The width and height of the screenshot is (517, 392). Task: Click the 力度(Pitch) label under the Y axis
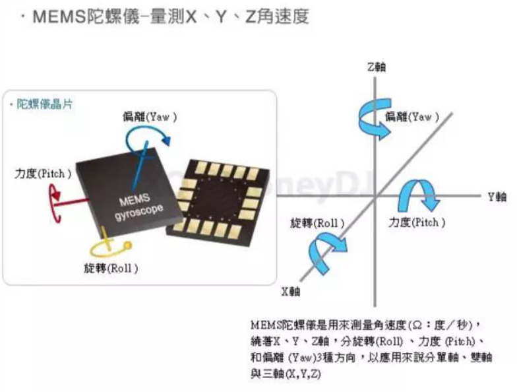pos(417,223)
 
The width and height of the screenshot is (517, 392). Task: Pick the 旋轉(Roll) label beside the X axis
pos(317,223)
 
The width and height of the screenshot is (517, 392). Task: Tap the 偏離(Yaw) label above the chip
pos(150,116)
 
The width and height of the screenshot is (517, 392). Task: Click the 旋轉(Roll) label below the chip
pos(111,269)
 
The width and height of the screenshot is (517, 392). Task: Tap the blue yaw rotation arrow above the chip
pos(148,136)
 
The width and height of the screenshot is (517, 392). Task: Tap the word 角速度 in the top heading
pos(286,16)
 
